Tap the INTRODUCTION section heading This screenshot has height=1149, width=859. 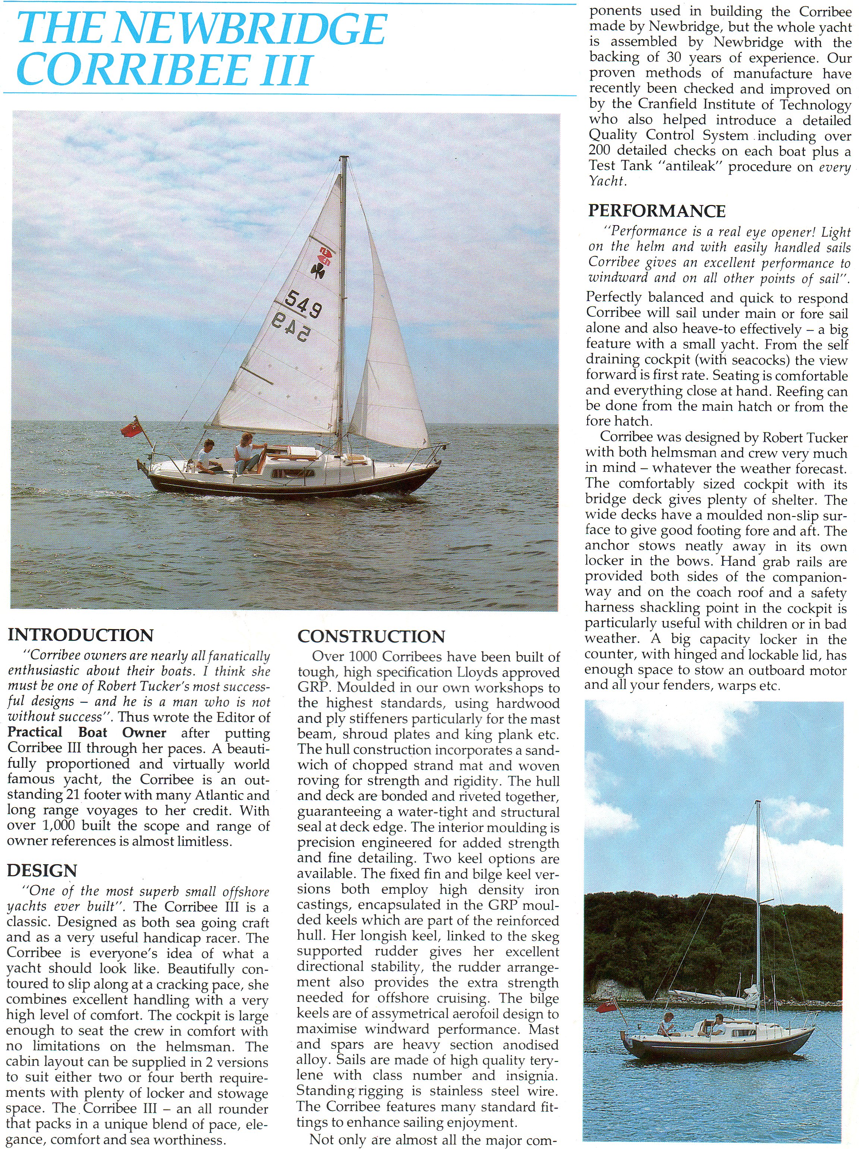[x=81, y=635]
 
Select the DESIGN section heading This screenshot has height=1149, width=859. [x=42, y=870]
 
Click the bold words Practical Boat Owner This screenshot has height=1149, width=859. [x=87, y=733]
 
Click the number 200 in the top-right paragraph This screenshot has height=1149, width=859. [x=602, y=151]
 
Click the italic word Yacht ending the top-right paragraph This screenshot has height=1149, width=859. [x=605, y=181]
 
